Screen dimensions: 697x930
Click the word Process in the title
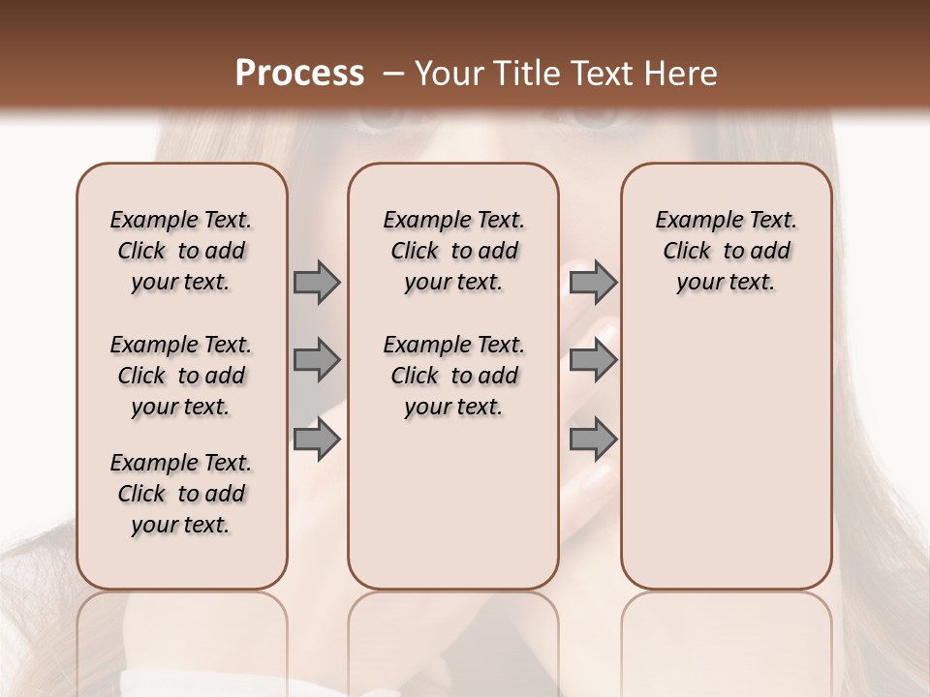(x=299, y=74)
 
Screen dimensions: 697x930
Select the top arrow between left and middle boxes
(x=317, y=282)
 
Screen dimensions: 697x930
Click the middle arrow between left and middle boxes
(x=317, y=360)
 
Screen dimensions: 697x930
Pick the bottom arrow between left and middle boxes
(x=317, y=439)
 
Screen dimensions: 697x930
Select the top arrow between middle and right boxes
(x=593, y=282)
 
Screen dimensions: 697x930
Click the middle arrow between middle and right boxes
(x=593, y=360)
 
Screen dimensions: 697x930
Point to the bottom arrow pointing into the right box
(x=593, y=439)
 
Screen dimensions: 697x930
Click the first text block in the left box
(x=181, y=251)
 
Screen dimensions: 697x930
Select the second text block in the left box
(x=181, y=376)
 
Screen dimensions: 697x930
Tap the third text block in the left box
(x=181, y=494)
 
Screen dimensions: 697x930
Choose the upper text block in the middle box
(x=453, y=251)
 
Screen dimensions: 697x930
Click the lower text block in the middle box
(x=453, y=376)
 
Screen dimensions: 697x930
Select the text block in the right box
(x=726, y=251)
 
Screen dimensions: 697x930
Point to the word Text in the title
(x=601, y=74)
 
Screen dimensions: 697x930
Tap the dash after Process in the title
(x=392, y=74)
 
